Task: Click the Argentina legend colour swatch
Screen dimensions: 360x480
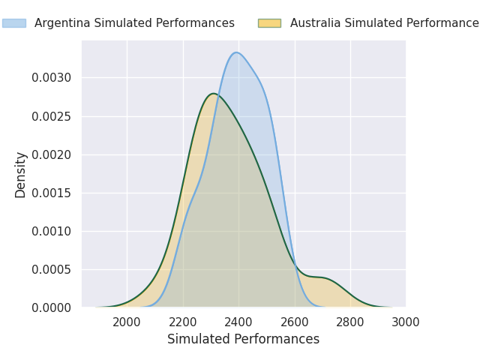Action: point(13,23)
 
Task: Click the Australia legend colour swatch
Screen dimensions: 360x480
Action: point(269,23)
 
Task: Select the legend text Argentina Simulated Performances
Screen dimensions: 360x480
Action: point(134,23)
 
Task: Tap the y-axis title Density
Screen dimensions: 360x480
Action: point(21,174)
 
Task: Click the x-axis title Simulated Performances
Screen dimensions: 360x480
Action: point(243,339)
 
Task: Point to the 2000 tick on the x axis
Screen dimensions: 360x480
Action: point(127,322)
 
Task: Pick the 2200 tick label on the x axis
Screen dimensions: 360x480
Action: point(183,322)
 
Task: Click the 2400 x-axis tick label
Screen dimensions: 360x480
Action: point(238,322)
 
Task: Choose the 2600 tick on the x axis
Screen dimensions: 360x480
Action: point(295,322)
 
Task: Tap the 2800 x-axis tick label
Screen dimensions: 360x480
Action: point(350,322)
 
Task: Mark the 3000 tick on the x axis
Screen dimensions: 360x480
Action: point(406,322)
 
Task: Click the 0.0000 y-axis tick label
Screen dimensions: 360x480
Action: point(52,307)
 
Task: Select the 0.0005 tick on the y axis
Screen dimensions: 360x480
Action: point(52,269)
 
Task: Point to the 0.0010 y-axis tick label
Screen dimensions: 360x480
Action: point(52,231)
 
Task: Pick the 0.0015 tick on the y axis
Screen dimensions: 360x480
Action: point(52,193)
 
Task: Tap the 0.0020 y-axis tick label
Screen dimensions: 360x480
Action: point(52,154)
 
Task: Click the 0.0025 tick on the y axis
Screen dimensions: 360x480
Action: point(52,116)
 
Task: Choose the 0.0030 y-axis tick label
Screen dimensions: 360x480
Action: point(52,78)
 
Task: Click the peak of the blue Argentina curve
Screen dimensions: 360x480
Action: point(237,52)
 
